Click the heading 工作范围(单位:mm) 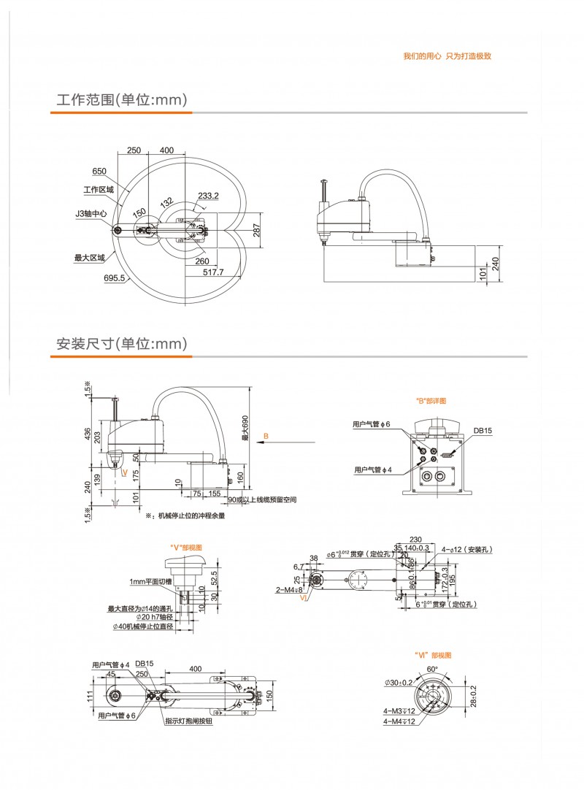point(122,99)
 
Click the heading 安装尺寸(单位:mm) point(122,343)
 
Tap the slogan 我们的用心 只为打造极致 point(447,56)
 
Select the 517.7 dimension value point(213,272)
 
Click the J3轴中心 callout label point(91,215)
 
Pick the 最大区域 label point(90,257)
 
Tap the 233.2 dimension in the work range point(208,196)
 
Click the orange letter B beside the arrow point(266,436)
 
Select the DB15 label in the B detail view point(483,431)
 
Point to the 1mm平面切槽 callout point(150,581)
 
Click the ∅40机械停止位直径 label point(143,626)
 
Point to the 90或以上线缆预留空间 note point(266,500)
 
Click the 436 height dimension point(88,434)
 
